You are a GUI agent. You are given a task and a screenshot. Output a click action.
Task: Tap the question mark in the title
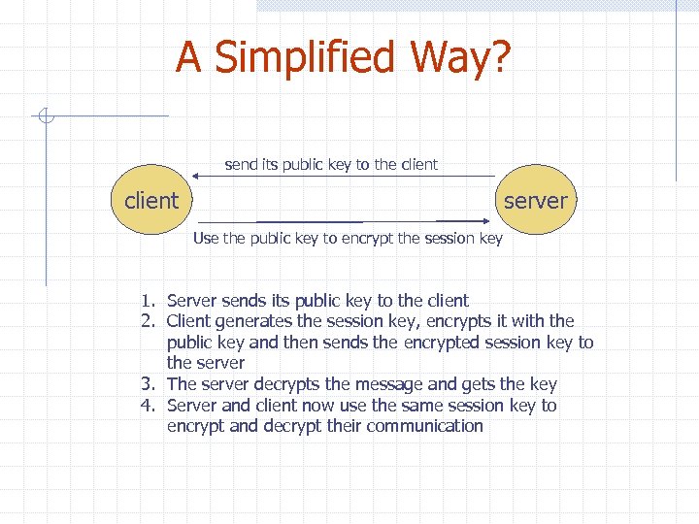(x=496, y=57)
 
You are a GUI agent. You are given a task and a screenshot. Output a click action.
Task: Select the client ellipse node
(x=151, y=201)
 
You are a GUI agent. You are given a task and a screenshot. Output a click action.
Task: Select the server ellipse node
(x=535, y=201)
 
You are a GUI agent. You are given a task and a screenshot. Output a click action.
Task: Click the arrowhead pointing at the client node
(x=196, y=176)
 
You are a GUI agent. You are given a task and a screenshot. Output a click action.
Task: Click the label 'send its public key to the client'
(x=331, y=164)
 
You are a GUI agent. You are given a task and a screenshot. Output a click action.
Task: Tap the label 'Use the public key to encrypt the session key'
(x=348, y=238)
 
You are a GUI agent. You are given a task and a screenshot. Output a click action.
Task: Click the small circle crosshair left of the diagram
(x=45, y=117)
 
